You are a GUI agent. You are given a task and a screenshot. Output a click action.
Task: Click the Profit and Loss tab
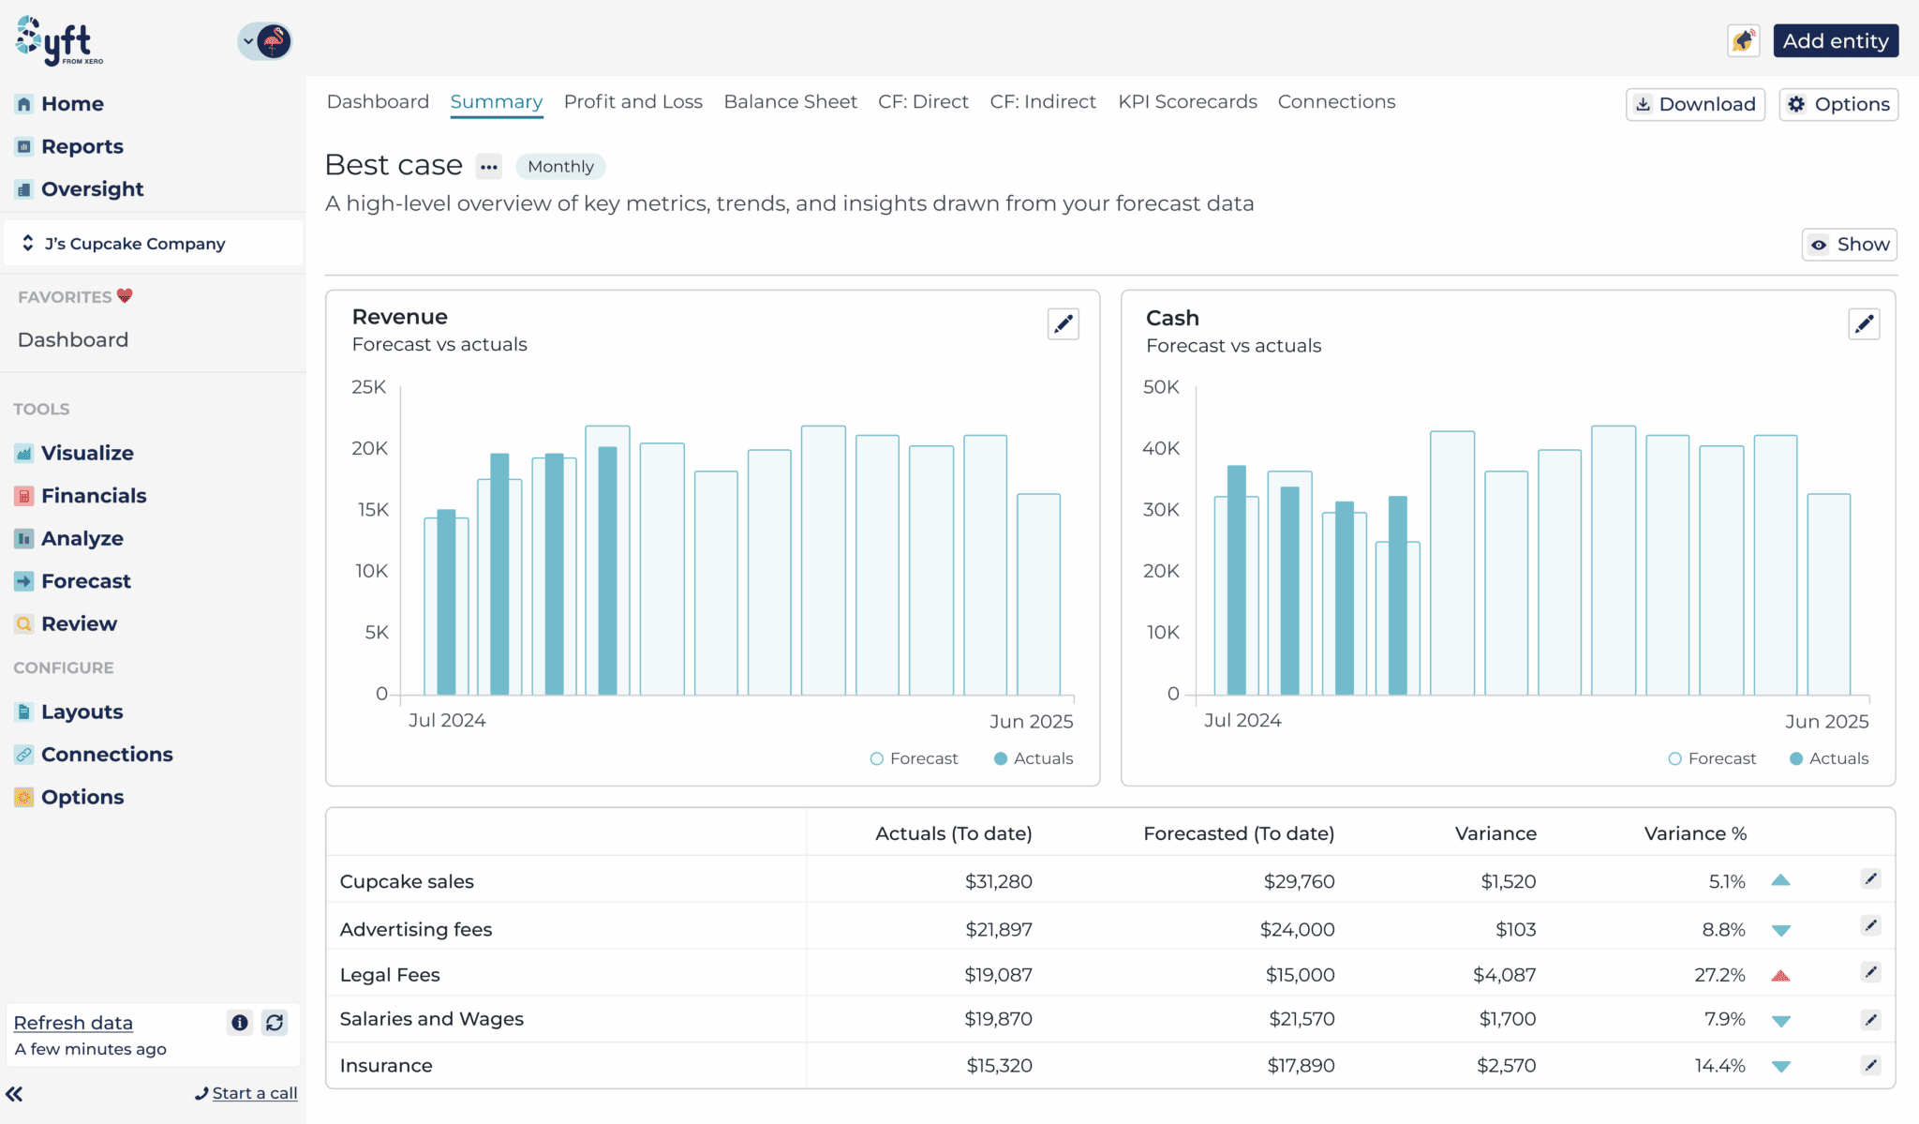632,101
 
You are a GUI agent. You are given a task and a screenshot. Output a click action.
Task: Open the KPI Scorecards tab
1187,101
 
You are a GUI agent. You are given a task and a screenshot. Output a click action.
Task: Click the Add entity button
1836,41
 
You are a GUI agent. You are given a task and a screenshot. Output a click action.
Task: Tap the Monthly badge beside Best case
560,167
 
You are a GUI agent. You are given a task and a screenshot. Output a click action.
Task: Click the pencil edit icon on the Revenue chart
1063,324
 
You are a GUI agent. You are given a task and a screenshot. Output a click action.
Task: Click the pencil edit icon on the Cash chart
1864,324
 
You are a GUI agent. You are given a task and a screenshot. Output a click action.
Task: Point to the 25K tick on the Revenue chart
368,387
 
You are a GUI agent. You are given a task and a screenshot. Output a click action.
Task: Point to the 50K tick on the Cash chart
1161,387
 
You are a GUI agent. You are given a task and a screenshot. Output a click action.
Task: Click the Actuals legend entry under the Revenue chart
1034,758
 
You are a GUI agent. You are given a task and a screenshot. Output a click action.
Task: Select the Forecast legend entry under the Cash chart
1712,758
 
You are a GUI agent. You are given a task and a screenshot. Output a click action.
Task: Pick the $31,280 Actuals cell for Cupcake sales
999,881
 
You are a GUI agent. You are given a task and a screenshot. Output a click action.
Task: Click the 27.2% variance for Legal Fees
1720,975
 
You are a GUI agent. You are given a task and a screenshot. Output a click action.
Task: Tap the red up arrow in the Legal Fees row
1780,976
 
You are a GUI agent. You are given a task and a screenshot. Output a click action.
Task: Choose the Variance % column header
1695,833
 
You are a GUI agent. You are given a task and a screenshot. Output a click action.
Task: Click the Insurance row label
386,1066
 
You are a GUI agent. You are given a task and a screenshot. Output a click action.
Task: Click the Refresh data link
73,1023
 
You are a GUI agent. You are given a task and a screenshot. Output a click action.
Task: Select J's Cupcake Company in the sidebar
135,244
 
